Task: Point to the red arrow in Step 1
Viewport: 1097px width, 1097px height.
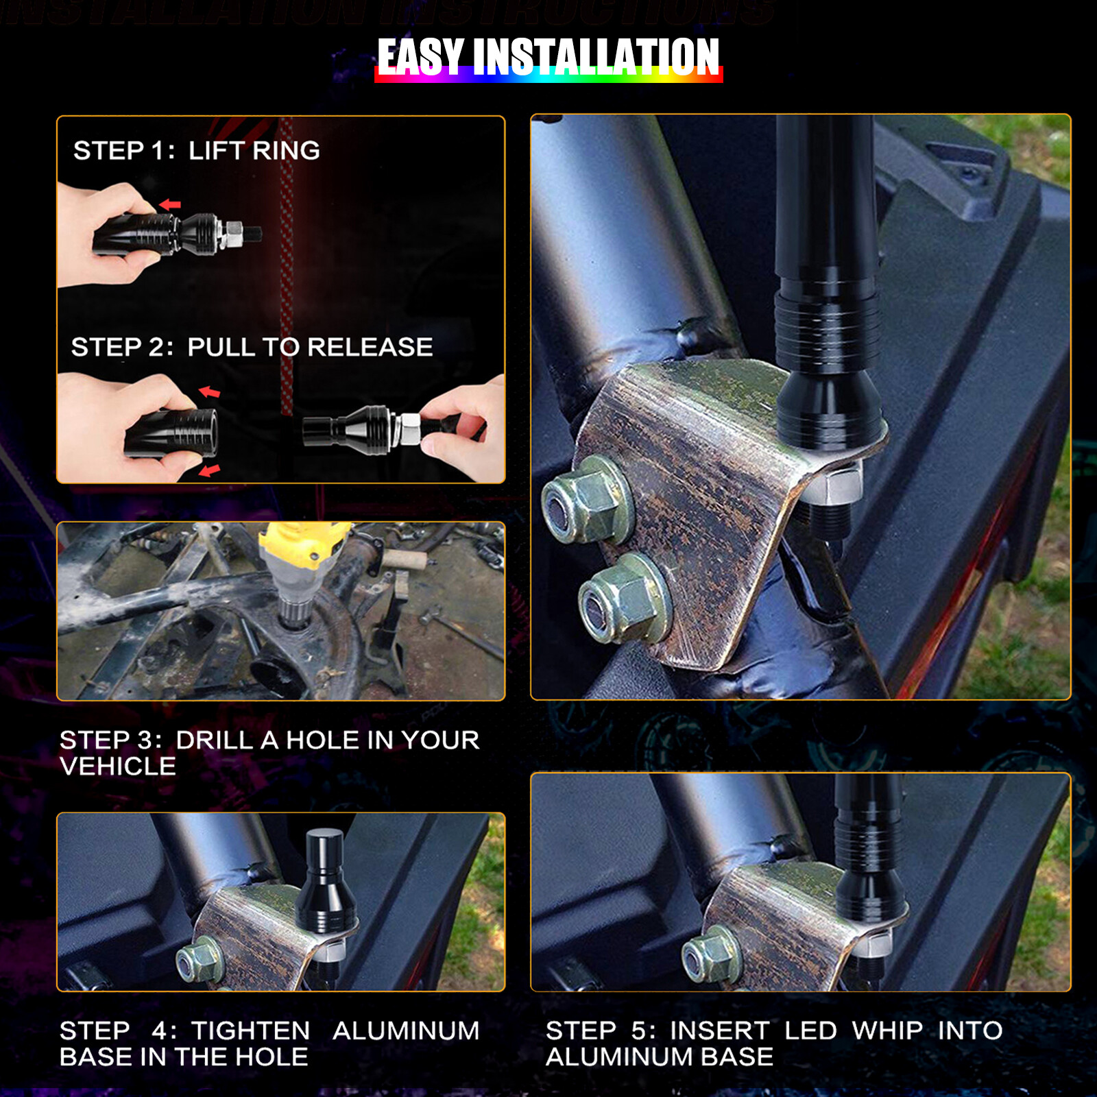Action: pyautogui.click(x=169, y=204)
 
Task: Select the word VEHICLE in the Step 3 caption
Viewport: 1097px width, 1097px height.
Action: pyautogui.click(x=118, y=767)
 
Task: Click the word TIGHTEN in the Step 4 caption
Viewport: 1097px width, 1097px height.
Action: pyautogui.click(x=250, y=1030)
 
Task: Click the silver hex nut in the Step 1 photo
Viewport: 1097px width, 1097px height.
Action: pyautogui.click(x=232, y=234)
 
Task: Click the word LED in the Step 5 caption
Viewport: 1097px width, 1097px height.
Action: pyautogui.click(x=810, y=1030)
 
